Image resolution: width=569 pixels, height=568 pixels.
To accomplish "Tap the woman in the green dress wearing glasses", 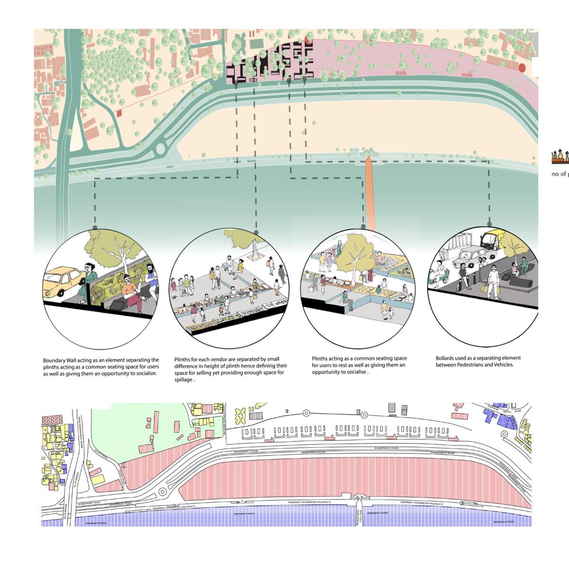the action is click(x=90, y=279).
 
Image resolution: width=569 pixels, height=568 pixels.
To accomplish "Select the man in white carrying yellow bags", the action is click(x=492, y=282).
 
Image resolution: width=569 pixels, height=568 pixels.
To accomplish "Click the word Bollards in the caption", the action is click(x=446, y=358).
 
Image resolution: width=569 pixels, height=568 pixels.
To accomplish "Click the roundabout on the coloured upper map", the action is click(x=160, y=149).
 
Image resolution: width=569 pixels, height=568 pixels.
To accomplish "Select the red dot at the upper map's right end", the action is click(x=522, y=68).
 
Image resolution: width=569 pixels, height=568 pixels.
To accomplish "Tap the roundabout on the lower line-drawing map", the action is click(x=162, y=492).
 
